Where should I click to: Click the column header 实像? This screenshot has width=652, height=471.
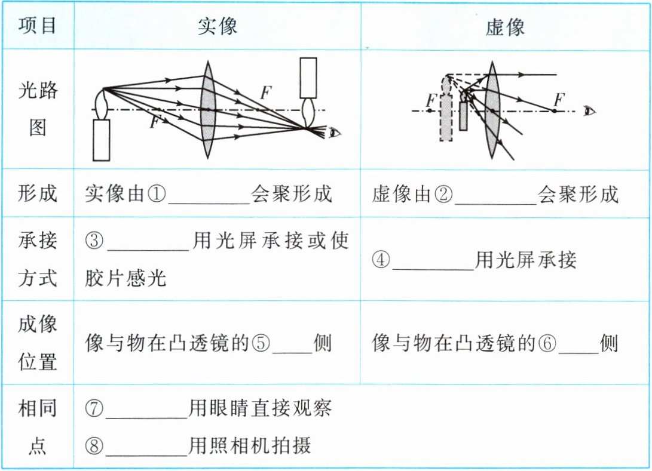click(x=217, y=26)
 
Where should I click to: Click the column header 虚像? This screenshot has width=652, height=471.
click(x=505, y=27)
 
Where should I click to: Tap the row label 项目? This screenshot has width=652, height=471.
click(x=38, y=25)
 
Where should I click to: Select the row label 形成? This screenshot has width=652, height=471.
click(x=38, y=193)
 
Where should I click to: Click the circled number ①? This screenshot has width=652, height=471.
click(x=157, y=193)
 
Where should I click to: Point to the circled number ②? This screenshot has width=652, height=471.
click(x=443, y=194)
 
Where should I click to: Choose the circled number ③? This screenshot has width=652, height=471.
click(x=94, y=241)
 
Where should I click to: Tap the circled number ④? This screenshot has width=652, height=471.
click(x=381, y=260)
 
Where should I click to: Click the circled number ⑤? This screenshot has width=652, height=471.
click(x=261, y=343)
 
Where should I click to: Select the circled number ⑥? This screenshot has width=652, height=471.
click(x=547, y=343)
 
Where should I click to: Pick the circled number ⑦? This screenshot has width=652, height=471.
click(x=94, y=408)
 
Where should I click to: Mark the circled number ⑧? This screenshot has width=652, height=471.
click(x=94, y=446)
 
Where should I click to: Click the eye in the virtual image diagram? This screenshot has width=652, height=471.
click(x=590, y=111)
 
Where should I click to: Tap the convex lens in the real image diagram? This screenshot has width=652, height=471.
click(x=207, y=110)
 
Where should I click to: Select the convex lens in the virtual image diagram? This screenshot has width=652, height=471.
click(x=492, y=110)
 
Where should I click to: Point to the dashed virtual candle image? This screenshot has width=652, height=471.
click(x=446, y=108)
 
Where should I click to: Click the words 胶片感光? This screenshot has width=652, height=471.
click(x=125, y=278)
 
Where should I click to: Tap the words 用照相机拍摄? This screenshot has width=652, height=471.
click(x=249, y=446)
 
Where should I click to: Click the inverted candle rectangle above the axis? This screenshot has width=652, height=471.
click(x=308, y=78)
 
